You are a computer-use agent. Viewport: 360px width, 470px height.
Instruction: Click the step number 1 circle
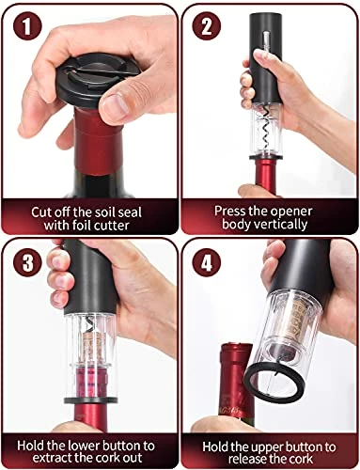pyautogui.click(x=27, y=26)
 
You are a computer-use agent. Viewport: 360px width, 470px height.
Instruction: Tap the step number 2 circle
pyautogui.click(x=206, y=25)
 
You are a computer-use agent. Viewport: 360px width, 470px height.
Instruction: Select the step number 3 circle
pyautogui.click(x=27, y=262)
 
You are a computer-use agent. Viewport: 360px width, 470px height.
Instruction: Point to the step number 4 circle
pyautogui.click(x=207, y=262)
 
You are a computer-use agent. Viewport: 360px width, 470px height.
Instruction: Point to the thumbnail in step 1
pyautogui.click(x=116, y=106)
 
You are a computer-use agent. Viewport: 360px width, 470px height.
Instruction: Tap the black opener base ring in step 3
pyautogui.click(x=91, y=399)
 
